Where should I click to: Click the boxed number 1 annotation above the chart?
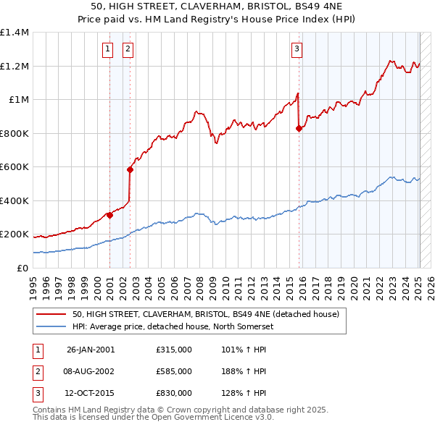pyautogui.click(x=107, y=49)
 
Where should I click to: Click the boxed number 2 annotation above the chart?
pyautogui.click(x=128, y=49)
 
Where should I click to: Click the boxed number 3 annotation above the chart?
pyautogui.click(x=297, y=49)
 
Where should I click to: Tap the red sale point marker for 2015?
pyautogui.click(x=299, y=129)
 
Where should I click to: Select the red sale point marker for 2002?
pyautogui.click(x=130, y=170)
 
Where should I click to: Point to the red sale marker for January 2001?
pyautogui.click(x=110, y=215)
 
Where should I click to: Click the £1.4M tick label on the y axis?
pyautogui.click(x=14, y=33)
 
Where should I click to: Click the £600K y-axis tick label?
pyautogui.click(x=14, y=167)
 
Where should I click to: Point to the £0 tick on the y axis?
pyautogui.click(x=22, y=268)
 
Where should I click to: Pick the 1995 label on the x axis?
pyautogui.click(x=34, y=284)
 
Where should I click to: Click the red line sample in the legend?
pyautogui.click(x=51, y=314)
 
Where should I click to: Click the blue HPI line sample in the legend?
pyautogui.click(x=51, y=326)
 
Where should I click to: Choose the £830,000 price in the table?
pyautogui.click(x=173, y=393)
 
